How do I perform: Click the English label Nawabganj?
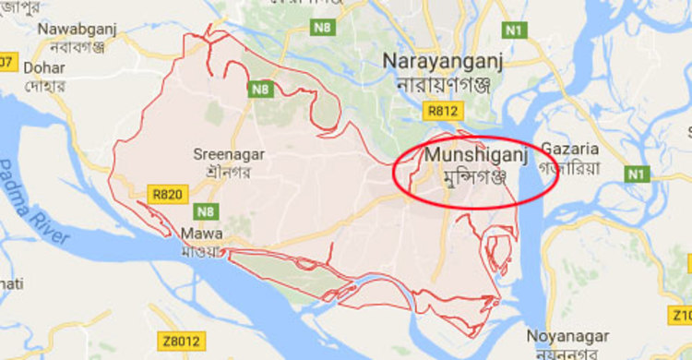click(x=71, y=30)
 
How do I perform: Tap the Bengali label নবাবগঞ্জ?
click(x=71, y=47)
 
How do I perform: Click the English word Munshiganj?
click(x=476, y=157)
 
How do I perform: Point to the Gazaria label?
click(x=569, y=149)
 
